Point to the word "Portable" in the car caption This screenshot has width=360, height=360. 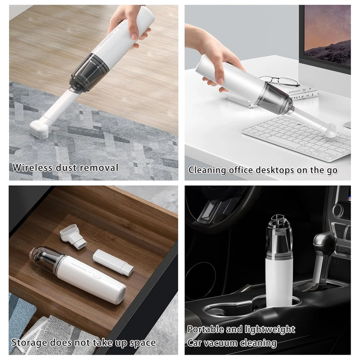tap(205, 329)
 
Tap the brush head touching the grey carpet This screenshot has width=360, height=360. tap(39, 129)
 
